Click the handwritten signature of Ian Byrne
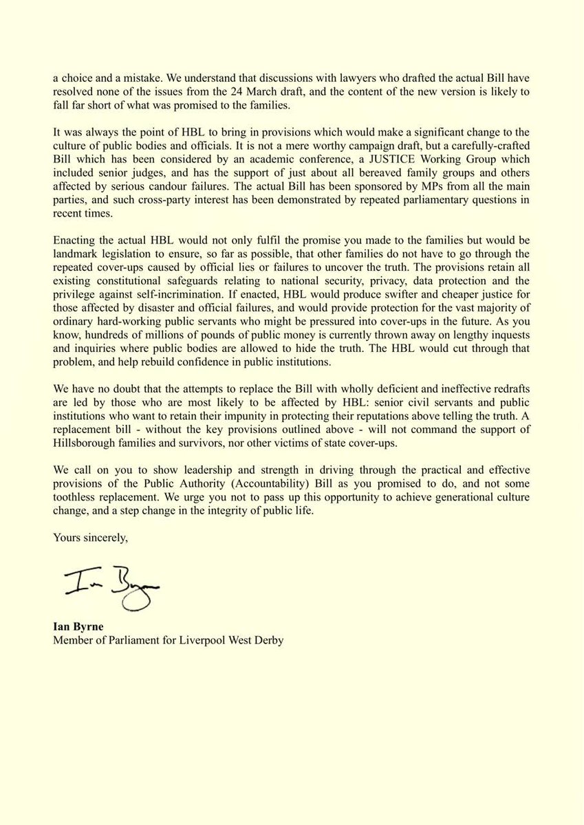click(x=110, y=588)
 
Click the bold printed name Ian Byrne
click(x=78, y=627)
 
